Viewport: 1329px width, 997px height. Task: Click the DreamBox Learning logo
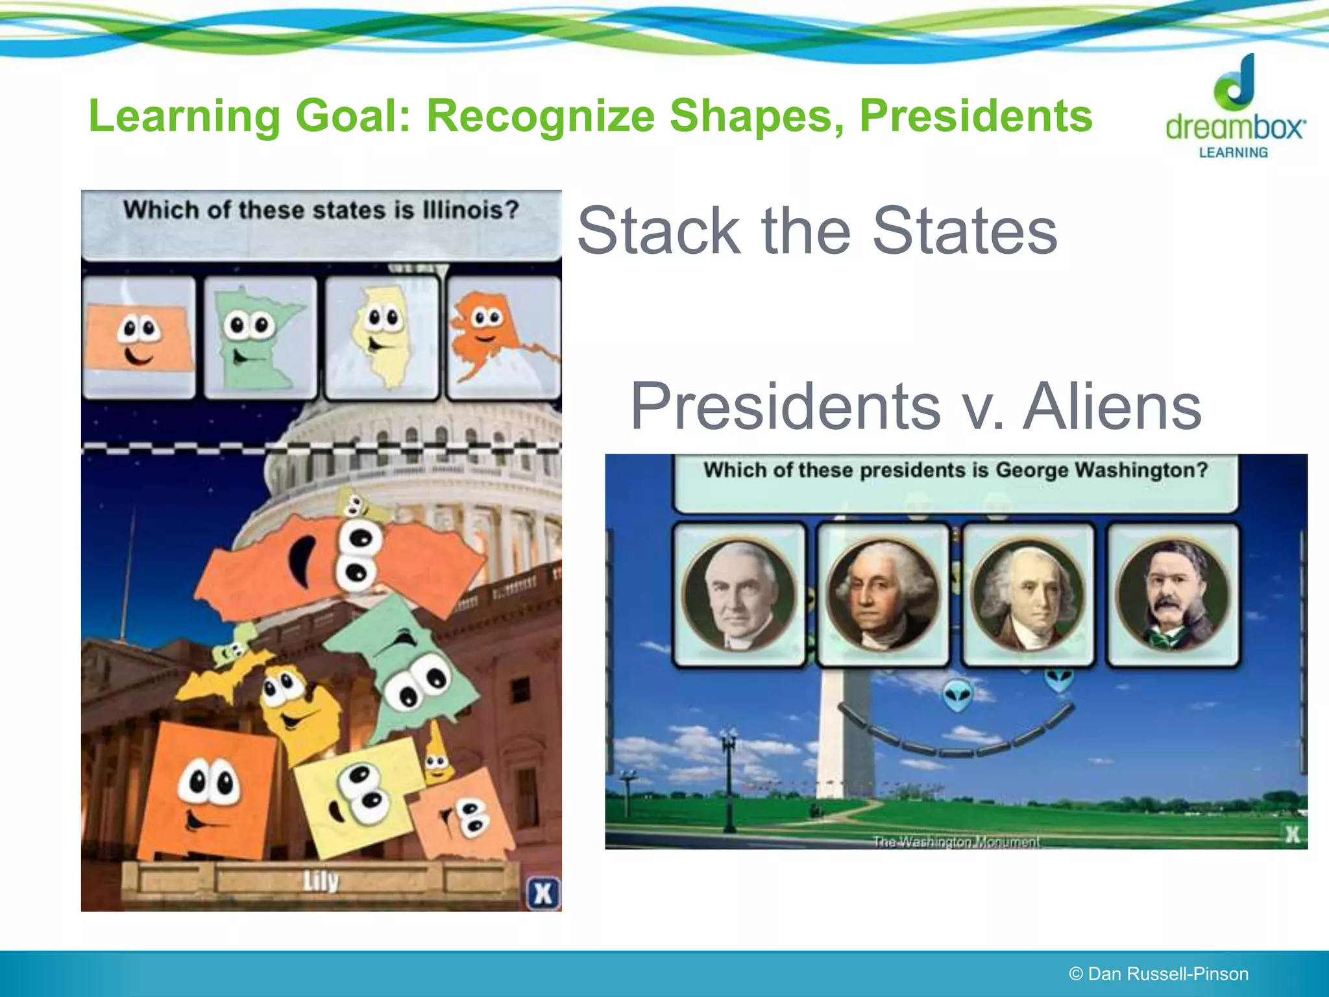point(1235,107)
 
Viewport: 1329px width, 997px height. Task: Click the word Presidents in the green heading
point(975,116)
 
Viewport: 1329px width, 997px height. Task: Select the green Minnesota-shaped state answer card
point(260,337)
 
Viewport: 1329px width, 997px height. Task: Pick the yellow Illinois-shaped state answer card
point(382,337)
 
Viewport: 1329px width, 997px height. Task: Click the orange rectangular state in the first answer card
point(139,337)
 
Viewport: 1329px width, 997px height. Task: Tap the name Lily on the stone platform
point(321,881)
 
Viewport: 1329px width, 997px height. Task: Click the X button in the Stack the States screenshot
point(543,894)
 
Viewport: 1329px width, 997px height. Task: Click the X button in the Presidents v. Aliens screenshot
point(1292,833)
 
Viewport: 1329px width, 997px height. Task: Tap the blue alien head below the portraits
point(957,695)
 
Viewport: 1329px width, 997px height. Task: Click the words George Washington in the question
point(1101,470)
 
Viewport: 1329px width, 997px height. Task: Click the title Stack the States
point(817,230)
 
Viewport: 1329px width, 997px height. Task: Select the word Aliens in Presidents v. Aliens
point(1112,406)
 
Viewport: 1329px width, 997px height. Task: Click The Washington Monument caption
point(956,841)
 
